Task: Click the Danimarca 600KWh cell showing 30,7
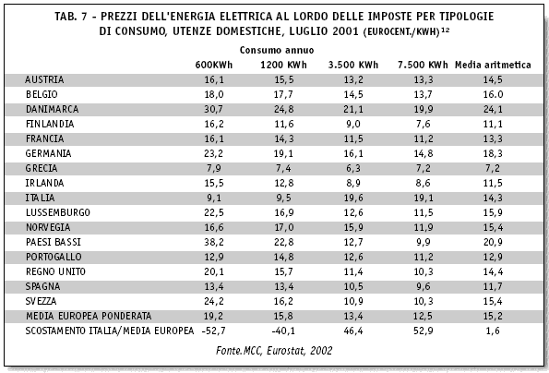click(213, 109)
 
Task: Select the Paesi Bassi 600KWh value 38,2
click(213, 242)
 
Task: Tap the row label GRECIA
click(42, 168)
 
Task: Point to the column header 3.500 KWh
click(352, 65)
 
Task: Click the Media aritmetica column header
click(493, 65)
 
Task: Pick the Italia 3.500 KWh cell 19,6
click(353, 198)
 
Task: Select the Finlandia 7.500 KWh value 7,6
click(423, 124)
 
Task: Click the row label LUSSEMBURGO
click(58, 212)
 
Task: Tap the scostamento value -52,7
click(213, 331)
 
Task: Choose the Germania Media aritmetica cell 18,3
click(493, 153)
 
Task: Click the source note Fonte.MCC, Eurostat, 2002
click(274, 351)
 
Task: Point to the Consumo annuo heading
click(277, 50)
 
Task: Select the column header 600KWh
click(213, 65)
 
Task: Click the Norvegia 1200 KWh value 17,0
click(283, 227)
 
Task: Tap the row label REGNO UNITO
click(55, 271)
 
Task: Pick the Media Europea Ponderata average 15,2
click(493, 316)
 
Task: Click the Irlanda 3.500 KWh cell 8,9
click(353, 183)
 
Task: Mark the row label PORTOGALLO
click(54, 257)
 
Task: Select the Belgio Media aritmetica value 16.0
click(493, 94)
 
